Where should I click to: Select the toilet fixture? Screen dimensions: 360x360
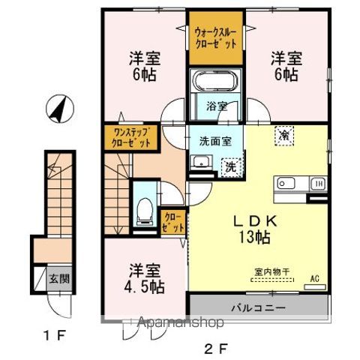click(x=143, y=210)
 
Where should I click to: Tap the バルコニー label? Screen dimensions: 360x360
click(x=258, y=307)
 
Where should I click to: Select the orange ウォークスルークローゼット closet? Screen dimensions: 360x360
click(x=216, y=37)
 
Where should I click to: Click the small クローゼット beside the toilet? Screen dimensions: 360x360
click(x=172, y=220)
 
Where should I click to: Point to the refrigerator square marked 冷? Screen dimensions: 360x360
click(x=284, y=135)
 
